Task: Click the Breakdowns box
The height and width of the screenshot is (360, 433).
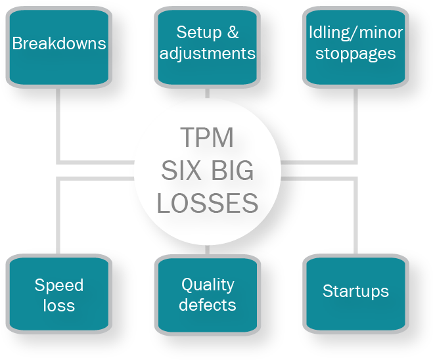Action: click(x=58, y=46)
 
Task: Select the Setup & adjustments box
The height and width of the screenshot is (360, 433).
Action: click(x=207, y=46)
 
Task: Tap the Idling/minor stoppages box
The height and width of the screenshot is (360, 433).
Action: click(x=355, y=46)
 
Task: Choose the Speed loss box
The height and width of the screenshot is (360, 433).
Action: click(x=58, y=294)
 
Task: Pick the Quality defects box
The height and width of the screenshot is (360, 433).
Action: click(x=207, y=294)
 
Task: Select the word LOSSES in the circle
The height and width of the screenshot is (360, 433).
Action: click(x=207, y=204)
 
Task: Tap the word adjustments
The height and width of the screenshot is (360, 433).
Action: click(x=207, y=54)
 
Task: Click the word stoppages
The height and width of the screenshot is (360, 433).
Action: click(x=355, y=54)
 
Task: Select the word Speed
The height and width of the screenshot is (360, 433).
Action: click(x=59, y=285)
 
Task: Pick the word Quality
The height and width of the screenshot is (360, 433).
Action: click(x=208, y=284)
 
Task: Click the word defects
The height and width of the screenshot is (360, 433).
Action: click(x=207, y=305)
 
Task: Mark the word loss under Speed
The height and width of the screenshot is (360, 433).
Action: click(x=59, y=305)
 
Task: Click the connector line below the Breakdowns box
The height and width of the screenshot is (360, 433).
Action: click(x=58, y=125)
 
